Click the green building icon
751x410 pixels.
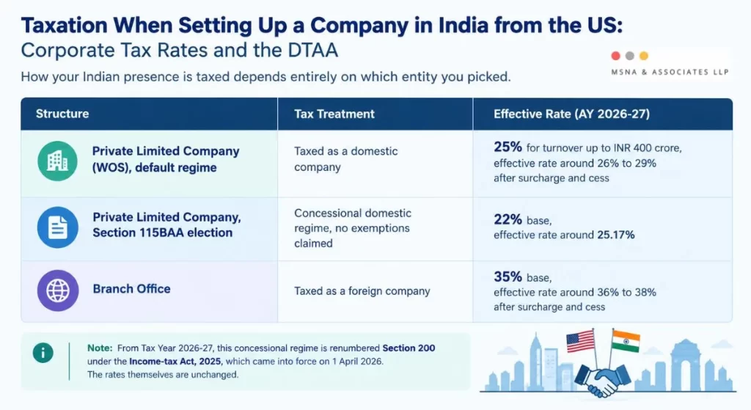coord(57,161)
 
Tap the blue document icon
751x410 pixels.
coord(57,227)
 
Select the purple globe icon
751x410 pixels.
coord(58,290)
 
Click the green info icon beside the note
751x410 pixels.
coord(43,353)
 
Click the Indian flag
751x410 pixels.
coord(626,341)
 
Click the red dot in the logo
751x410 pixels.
coord(616,56)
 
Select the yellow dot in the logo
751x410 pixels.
coord(644,56)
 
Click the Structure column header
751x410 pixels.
coord(62,114)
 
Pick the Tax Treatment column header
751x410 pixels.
coord(334,114)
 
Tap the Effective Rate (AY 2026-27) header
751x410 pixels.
coord(572,114)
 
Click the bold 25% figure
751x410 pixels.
coord(508,147)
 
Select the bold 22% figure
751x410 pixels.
coord(508,219)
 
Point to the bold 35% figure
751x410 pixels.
coord(508,277)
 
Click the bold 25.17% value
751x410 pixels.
coord(616,235)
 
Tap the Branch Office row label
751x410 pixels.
coord(132,289)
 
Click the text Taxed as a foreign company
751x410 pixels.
coord(362,291)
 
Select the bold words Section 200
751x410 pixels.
coord(409,348)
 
